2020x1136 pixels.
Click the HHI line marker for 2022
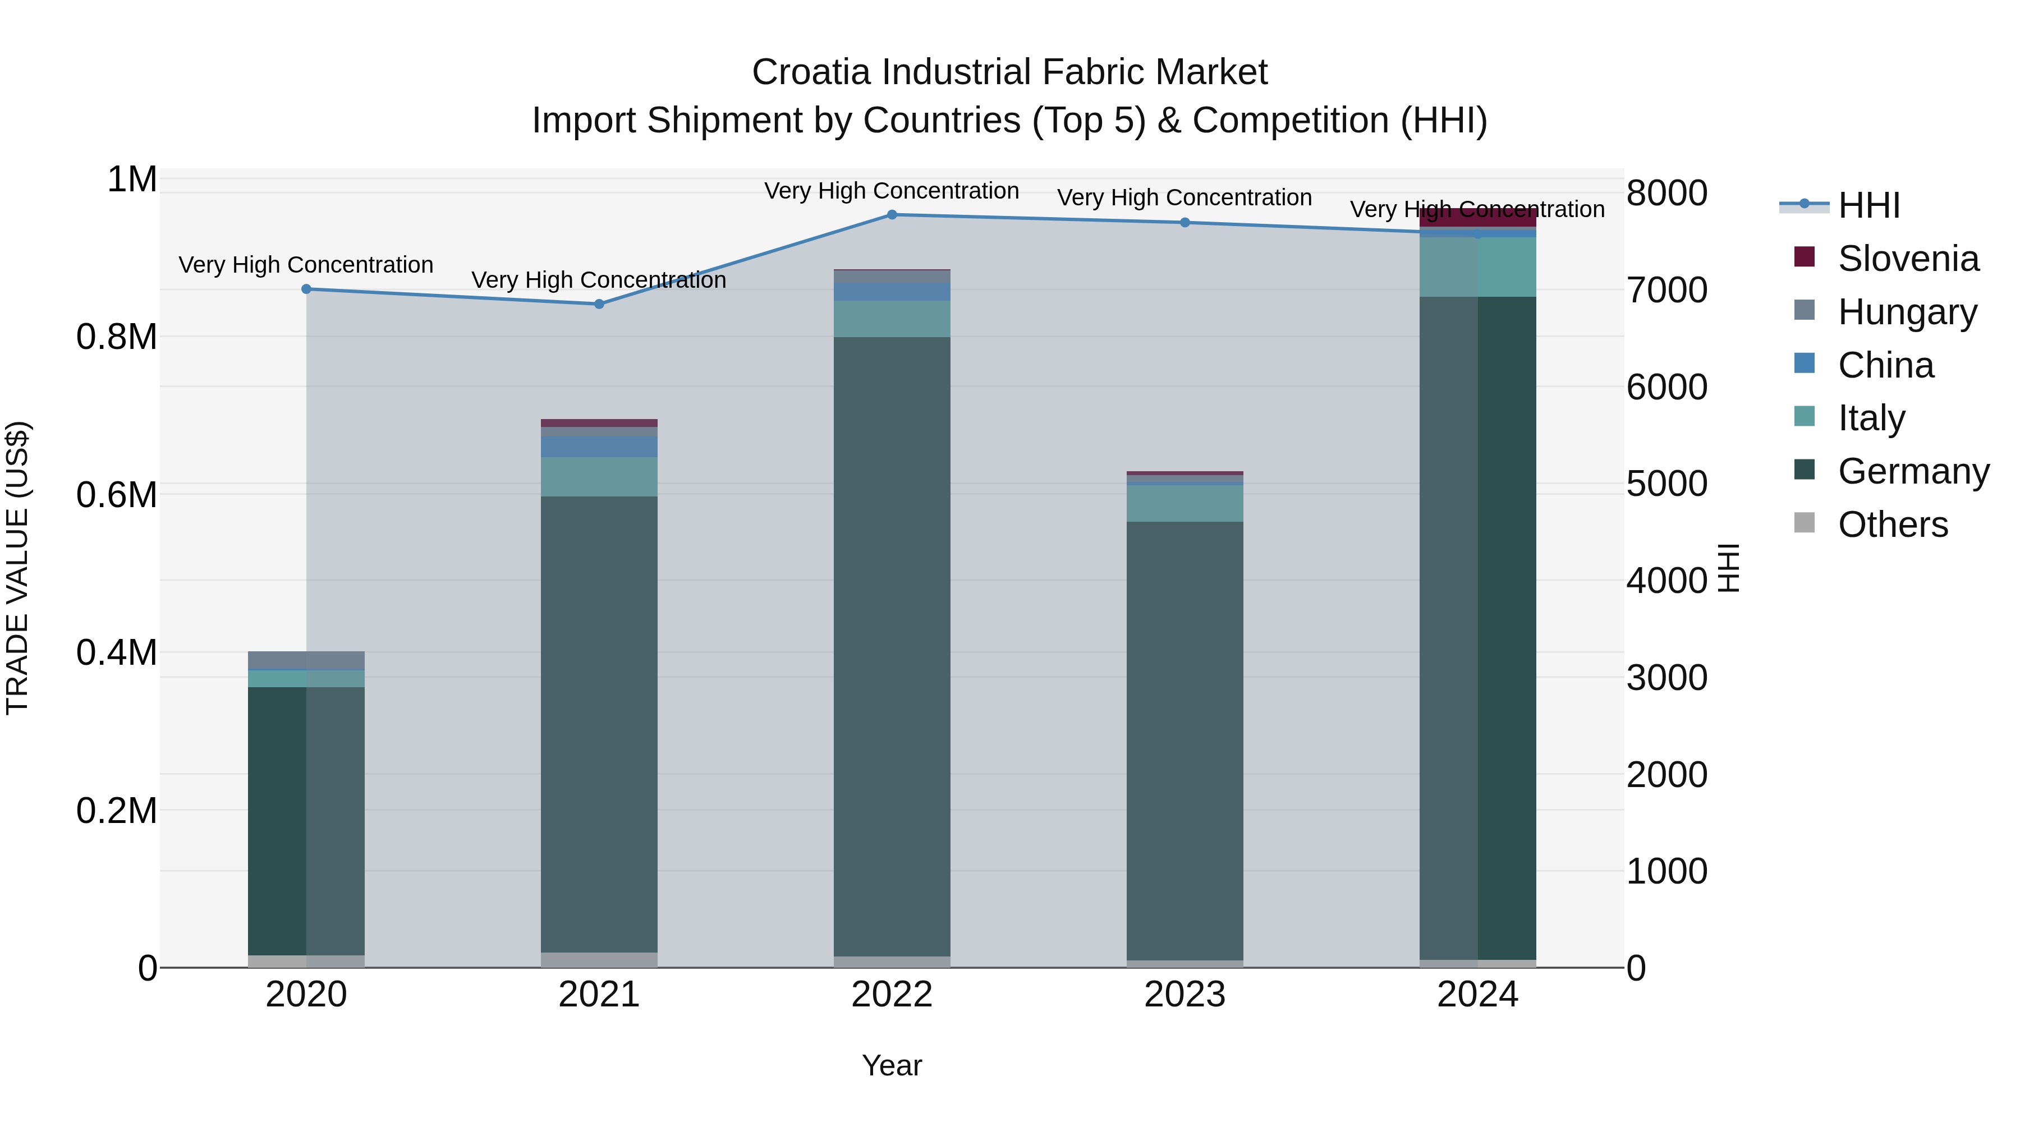pyautogui.click(x=892, y=215)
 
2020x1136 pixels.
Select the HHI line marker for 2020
pyautogui.click(x=306, y=289)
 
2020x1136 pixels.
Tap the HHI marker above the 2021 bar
pyautogui.click(x=599, y=304)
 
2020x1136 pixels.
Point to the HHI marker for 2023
pyautogui.click(x=1185, y=223)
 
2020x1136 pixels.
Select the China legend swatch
pyautogui.click(x=1805, y=364)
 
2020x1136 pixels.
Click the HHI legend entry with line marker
pyautogui.click(x=1839, y=205)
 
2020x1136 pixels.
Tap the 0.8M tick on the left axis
pyautogui.click(x=117, y=337)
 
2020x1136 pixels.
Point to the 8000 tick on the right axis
pyautogui.click(x=1666, y=194)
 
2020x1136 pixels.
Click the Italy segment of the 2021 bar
pyautogui.click(x=599, y=477)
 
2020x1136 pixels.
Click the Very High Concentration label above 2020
pyautogui.click(x=306, y=265)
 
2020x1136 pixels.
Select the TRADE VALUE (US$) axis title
pyautogui.click(x=17, y=568)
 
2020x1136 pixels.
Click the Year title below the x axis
pyautogui.click(x=892, y=1065)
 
